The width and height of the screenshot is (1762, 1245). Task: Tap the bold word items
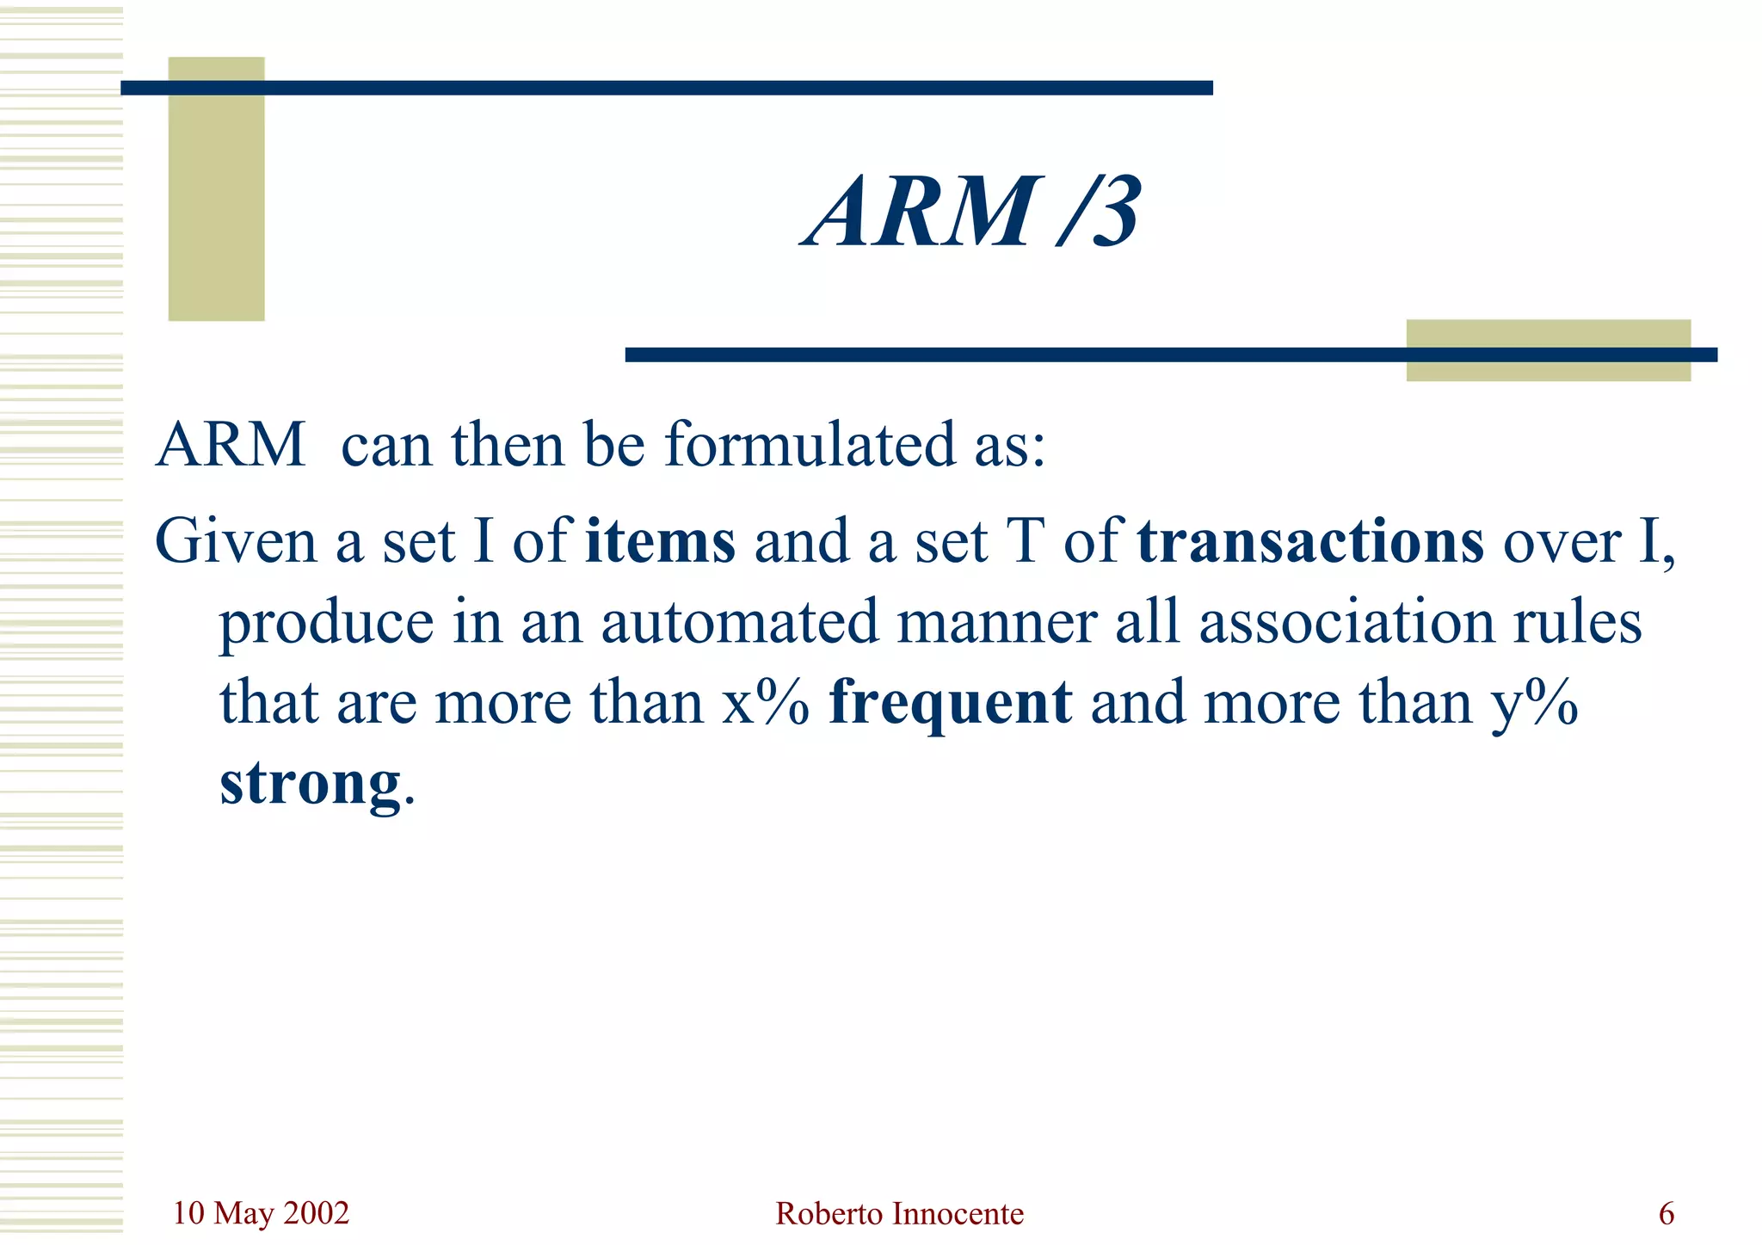click(660, 541)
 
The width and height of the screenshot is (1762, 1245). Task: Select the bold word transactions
click(1310, 541)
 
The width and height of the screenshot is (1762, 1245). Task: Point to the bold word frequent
click(950, 703)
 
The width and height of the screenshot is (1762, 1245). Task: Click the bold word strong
click(310, 783)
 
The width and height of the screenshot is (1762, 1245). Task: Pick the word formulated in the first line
click(810, 445)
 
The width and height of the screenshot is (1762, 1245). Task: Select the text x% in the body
click(766, 703)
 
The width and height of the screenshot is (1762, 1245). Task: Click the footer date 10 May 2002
click(261, 1213)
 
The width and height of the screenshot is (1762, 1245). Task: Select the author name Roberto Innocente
click(899, 1214)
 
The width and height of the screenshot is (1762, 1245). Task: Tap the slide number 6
click(1667, 1214)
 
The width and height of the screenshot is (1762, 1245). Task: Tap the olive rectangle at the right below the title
click(1548, 350)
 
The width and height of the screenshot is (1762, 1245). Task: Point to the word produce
click(326, 623)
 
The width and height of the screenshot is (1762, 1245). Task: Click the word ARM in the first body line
click(231, 445)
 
